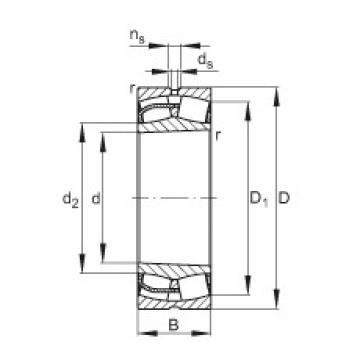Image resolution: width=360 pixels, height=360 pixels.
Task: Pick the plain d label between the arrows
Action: click(x=96, y=200)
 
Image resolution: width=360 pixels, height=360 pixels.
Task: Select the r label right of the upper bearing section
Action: click(x=220, y=136)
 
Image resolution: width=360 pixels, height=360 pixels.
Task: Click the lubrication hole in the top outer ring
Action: click(x=174, y=96)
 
